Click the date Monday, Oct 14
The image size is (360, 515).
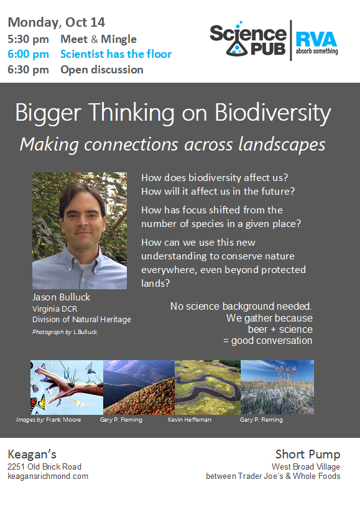[x=56, y=22]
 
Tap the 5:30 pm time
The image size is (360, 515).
[x=28, y=39]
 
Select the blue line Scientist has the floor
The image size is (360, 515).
[x=116, y=54]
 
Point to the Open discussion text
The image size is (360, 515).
[x=102, y=70]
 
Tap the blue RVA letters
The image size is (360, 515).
[x=316, y=39]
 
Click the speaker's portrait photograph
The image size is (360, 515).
[x=80, y=231]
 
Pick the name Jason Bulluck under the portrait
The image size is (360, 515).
[x=61, y=297]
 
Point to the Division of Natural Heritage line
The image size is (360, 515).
[x=81, y=320]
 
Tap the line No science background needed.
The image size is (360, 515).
[x=241, y=306]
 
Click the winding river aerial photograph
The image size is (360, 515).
[x=208, y=387]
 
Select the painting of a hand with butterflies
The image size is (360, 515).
[x=67, y=387]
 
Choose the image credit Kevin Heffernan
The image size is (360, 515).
[x=190, y=420]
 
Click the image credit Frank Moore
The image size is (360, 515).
[x=63, y=420]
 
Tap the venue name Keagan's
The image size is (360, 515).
[x=32, y=455]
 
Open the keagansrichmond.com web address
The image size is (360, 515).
[x=48, y=476]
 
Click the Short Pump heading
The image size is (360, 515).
[x=308, y=455]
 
